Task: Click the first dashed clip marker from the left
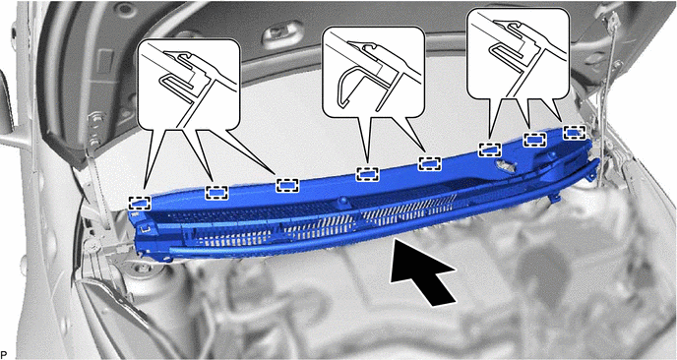click(x=140, y=203)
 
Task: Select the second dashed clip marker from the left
click(x=216, y=192)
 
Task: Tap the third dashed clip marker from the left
click(x=287, y=185)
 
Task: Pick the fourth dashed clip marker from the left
click(x=367, y=174)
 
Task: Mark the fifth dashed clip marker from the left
click(x=430, y=163)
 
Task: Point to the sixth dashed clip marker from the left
click(x=490, y=150)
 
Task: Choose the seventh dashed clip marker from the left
click(x=535, y=140)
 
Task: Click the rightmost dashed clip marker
click(x=575, y=133)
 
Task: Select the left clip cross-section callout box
click(x=188, y=85)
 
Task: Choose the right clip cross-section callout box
click(x=519, y=53)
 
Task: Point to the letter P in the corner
click(x=4, y=354)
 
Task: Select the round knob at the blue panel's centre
click(x=343, y=201)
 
